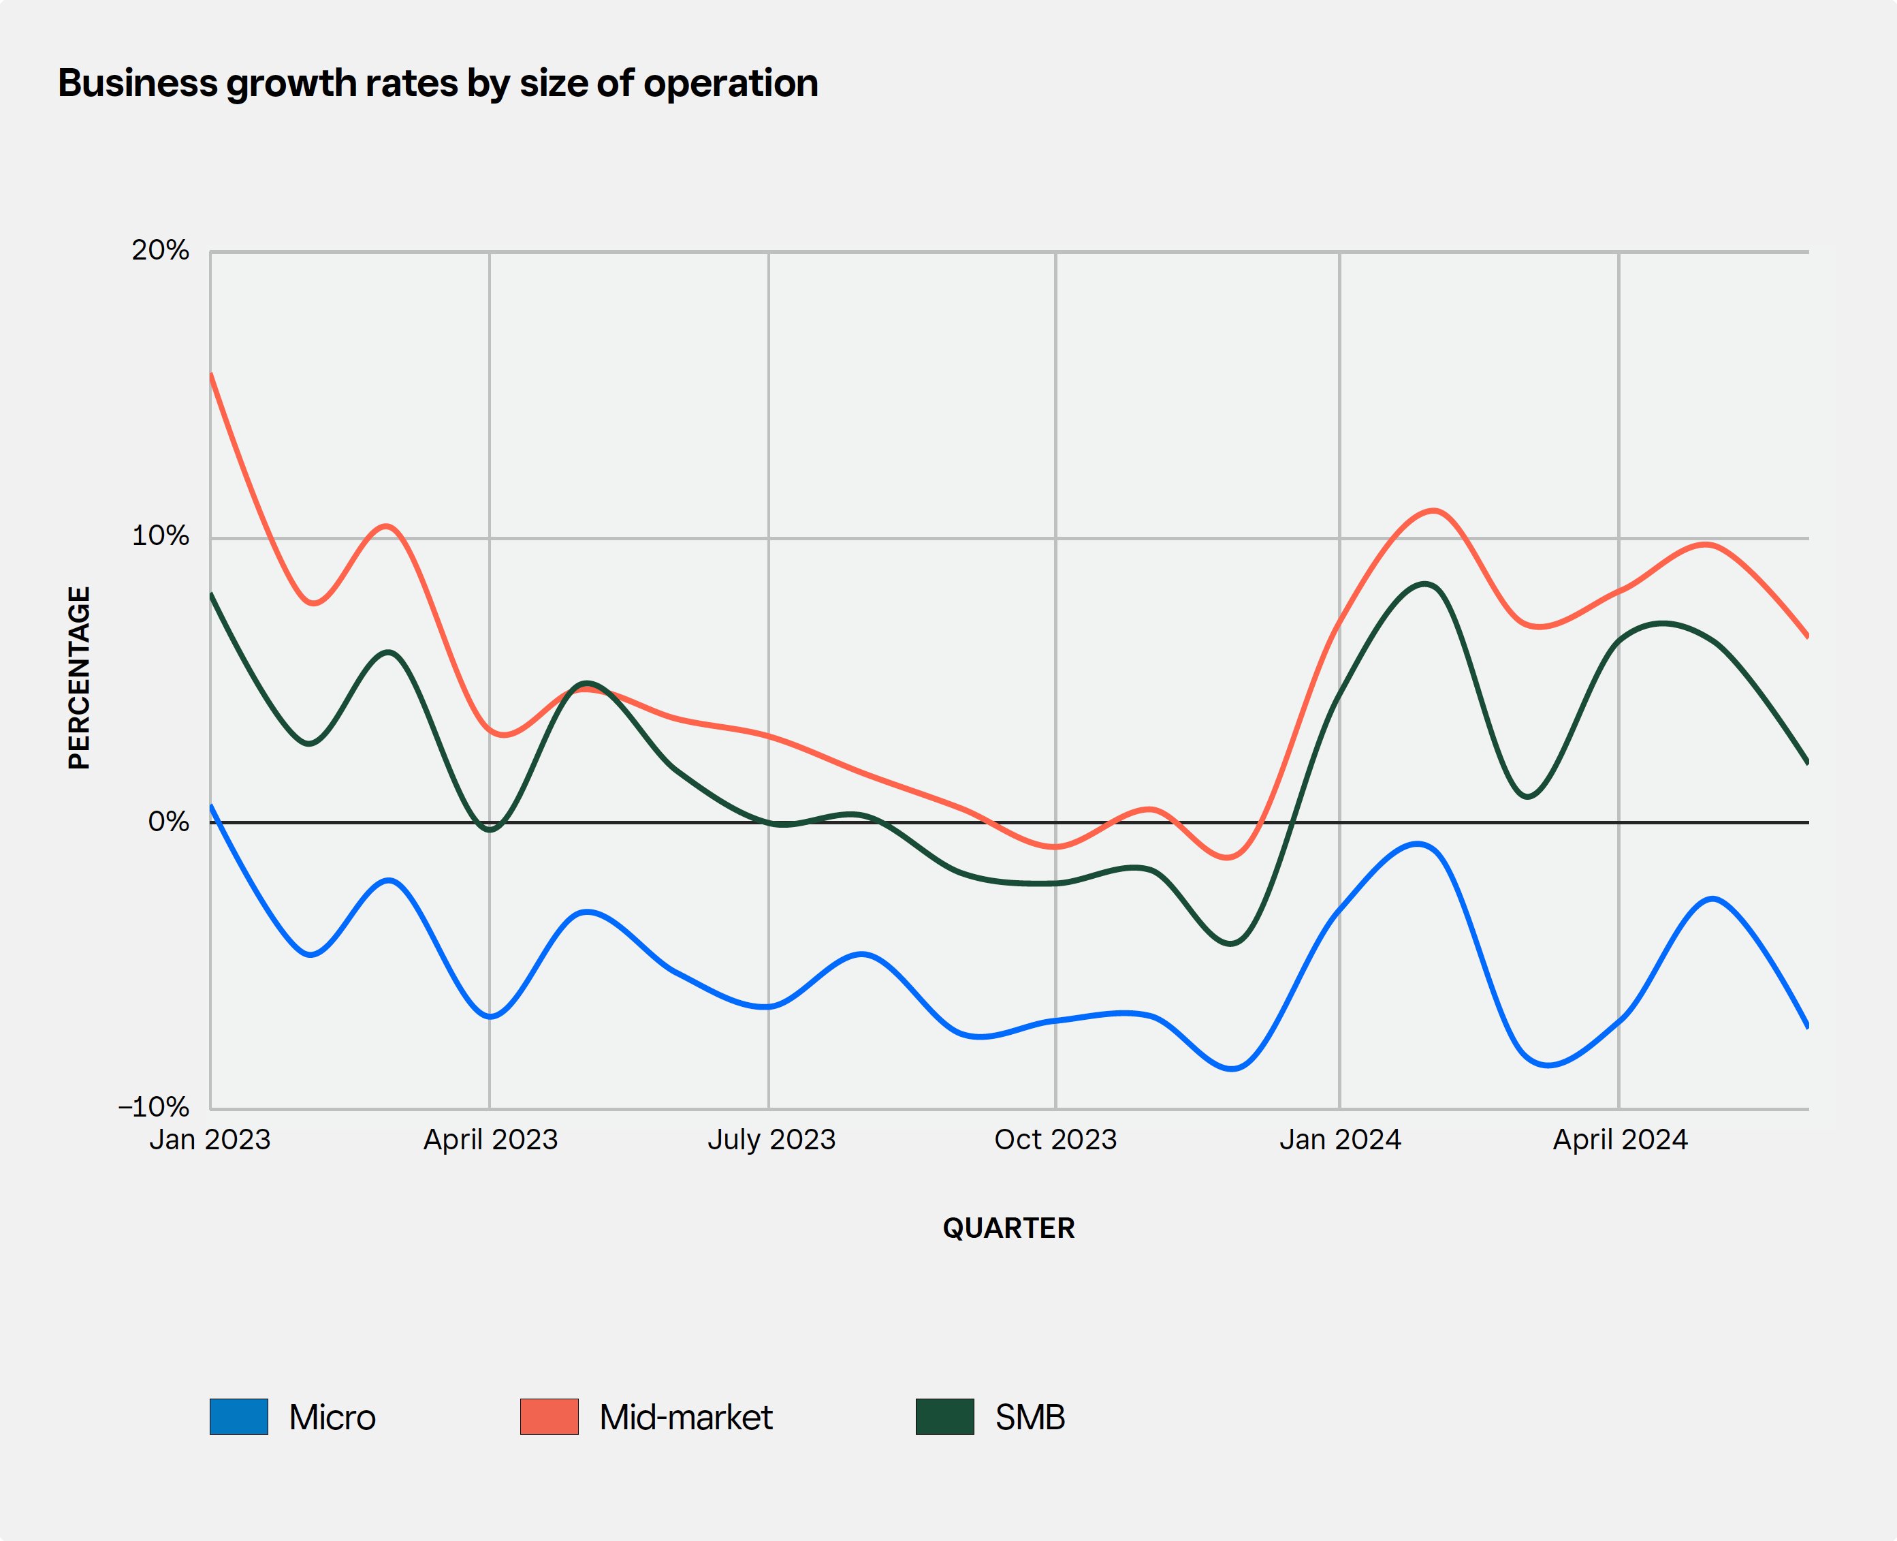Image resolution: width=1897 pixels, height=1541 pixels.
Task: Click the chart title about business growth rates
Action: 437,83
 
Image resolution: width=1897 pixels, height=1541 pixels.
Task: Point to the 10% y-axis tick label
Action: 161,536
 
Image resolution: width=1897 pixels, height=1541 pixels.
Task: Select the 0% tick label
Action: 169,822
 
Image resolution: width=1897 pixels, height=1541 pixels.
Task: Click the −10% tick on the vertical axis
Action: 155,1107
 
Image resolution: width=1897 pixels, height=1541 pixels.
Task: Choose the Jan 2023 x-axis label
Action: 210,1140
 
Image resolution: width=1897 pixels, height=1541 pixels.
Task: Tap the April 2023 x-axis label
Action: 490,1140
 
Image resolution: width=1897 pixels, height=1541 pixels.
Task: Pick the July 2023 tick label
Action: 771,1140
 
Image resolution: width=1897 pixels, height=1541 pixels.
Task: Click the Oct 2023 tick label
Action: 1055,1140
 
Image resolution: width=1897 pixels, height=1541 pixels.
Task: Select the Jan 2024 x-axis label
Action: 1340,1140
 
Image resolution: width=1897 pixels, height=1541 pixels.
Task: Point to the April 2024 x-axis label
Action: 1619,1140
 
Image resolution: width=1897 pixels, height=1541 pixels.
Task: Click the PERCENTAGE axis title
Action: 79,678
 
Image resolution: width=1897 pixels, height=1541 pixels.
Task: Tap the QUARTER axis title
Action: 1008,1228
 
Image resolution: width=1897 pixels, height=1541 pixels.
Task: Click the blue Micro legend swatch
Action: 239,1417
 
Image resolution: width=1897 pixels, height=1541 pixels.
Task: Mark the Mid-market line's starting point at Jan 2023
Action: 211,375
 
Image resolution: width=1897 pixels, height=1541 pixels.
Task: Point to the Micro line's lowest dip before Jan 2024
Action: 1232,1069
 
